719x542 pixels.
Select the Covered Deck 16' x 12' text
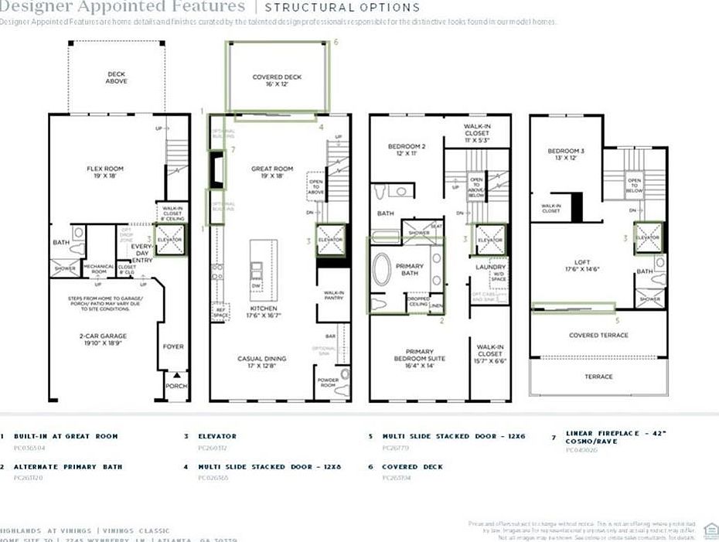[x=276, y=81]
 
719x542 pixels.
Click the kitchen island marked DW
[x=256, y=272]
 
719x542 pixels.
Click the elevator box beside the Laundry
[x=489, y=240]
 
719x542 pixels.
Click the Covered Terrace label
[x=598, y=335]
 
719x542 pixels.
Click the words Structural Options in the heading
[x=342, y=8]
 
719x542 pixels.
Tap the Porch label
[x=176, y=386]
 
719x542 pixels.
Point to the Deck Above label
[x=117, y=78]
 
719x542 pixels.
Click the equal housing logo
[x=711, y=528]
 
